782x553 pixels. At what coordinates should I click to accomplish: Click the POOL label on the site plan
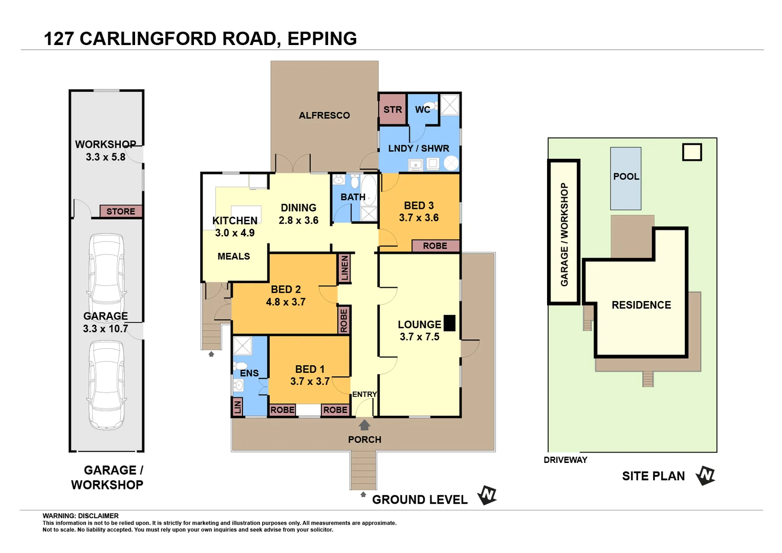click(626, 177)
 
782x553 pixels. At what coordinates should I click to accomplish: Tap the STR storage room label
click(393, 110)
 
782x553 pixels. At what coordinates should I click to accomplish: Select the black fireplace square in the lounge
click(449, 323)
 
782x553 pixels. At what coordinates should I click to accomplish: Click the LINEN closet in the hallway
click(344, 268)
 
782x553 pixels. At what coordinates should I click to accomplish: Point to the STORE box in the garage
click(121, 211)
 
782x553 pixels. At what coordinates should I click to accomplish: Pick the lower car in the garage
click(106, 385)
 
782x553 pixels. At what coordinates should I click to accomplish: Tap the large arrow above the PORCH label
click(364, 425)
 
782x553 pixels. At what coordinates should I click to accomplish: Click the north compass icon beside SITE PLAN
click(706, 476)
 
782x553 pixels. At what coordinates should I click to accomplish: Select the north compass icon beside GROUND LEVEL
click(487, 495)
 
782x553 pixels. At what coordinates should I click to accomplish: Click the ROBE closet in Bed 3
click(435, 246)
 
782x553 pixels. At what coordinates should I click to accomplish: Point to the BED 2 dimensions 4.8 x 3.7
click(286, 302)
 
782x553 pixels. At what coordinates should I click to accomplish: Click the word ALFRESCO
click(324, 116)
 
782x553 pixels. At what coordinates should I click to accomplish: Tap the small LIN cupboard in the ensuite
click(237, 407)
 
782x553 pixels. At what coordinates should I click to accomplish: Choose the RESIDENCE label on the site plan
click(641, 305)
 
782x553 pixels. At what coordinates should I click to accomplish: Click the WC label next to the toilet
click(422, 110)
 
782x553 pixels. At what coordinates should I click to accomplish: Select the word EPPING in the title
click(322, 39)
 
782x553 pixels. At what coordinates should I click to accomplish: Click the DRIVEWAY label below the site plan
click(566, 460)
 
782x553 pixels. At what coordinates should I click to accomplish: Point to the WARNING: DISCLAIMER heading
click(80, 516)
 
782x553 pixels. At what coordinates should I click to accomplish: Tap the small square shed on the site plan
click(692, 152)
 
